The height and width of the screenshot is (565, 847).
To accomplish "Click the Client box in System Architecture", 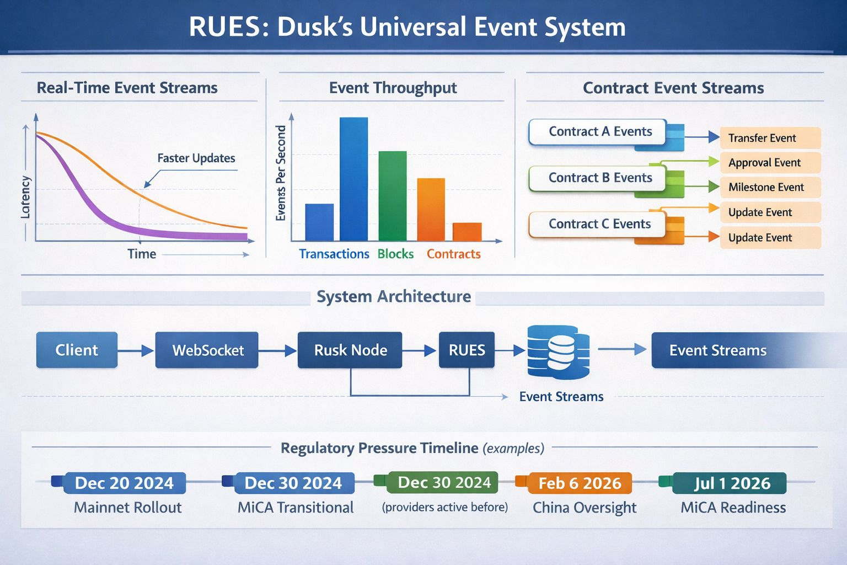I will (77, 350).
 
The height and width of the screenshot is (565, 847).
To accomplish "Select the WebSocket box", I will (207, 350).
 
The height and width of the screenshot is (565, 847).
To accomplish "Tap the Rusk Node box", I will (350, 350).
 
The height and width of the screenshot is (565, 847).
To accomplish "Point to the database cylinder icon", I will (557, 352).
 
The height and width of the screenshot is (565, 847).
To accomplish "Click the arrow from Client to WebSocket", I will (136, 350).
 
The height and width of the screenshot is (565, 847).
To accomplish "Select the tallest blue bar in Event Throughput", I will (353, 179).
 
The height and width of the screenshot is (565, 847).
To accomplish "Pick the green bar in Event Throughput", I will (392, 196).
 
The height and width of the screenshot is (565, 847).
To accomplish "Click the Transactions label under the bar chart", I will (334, 254).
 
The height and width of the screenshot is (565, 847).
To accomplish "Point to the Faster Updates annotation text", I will (196, 158).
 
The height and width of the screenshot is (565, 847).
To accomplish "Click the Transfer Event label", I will (762, 138).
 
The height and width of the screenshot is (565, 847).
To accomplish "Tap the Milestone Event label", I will (766, 187).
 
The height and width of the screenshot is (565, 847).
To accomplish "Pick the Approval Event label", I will (764, 163).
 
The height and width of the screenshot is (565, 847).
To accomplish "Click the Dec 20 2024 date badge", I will (124, 483).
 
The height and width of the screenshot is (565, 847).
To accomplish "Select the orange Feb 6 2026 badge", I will (580, 483).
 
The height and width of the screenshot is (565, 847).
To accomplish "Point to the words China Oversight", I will (585, 508).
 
